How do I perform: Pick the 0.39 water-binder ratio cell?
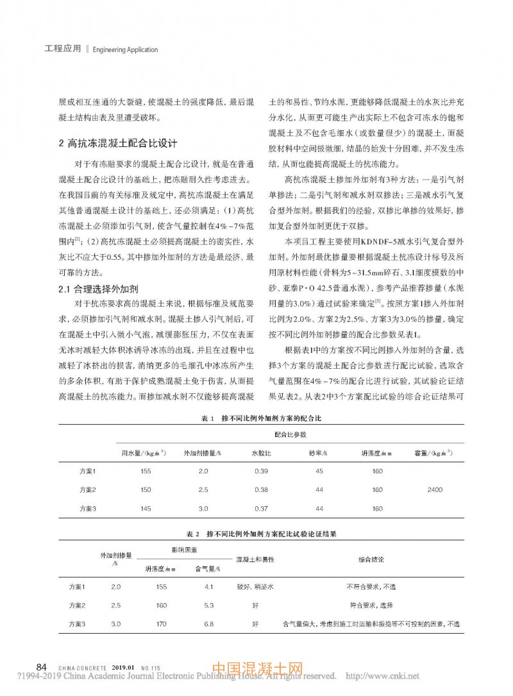click(x=260, y=471)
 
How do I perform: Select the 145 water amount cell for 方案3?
click(x=145, y=508)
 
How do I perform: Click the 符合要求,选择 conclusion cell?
click(x=371, y=605)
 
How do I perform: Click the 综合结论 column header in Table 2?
click(x=371, y=560)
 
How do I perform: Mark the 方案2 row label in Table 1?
click(x=87, y=489)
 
